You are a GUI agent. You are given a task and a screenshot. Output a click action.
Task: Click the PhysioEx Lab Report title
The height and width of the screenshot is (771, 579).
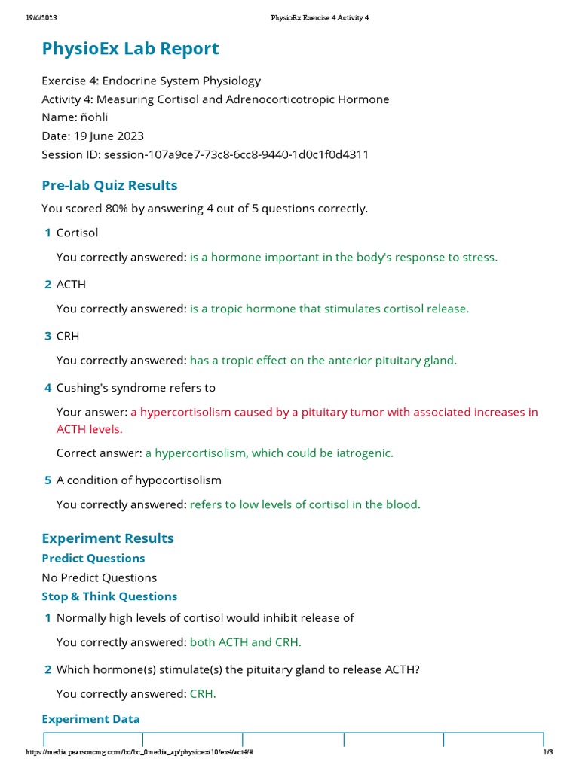coord(130,49)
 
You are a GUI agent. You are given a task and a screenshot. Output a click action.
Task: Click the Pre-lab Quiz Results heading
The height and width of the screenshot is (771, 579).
coord(109,185)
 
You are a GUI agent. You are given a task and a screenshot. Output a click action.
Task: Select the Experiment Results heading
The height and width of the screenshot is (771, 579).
coord(108,538)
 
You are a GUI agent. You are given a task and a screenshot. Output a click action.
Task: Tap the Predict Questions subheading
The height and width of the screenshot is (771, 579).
coord(93,558)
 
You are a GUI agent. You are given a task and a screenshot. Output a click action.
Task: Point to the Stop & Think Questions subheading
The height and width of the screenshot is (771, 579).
coord(109,596)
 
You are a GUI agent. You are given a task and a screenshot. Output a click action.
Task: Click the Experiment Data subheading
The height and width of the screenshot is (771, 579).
coord(90,718)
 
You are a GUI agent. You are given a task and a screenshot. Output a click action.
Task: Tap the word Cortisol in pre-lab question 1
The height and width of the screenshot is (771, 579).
coord(77,233)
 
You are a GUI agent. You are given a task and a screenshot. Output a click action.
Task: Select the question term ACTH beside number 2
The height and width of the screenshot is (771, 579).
coord(71,284)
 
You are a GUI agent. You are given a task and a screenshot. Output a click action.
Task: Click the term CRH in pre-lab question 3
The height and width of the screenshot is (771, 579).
coord(68,336)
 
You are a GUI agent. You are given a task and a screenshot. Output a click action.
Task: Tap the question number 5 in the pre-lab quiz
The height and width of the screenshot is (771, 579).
coord(47,480)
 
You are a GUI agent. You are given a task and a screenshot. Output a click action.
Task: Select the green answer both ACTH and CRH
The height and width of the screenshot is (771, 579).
coord(246,642)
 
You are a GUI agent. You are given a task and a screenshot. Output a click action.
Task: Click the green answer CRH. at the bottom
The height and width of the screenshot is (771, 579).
coord(203,693)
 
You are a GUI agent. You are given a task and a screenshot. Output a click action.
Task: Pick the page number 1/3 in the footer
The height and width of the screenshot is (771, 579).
coord(548,753)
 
